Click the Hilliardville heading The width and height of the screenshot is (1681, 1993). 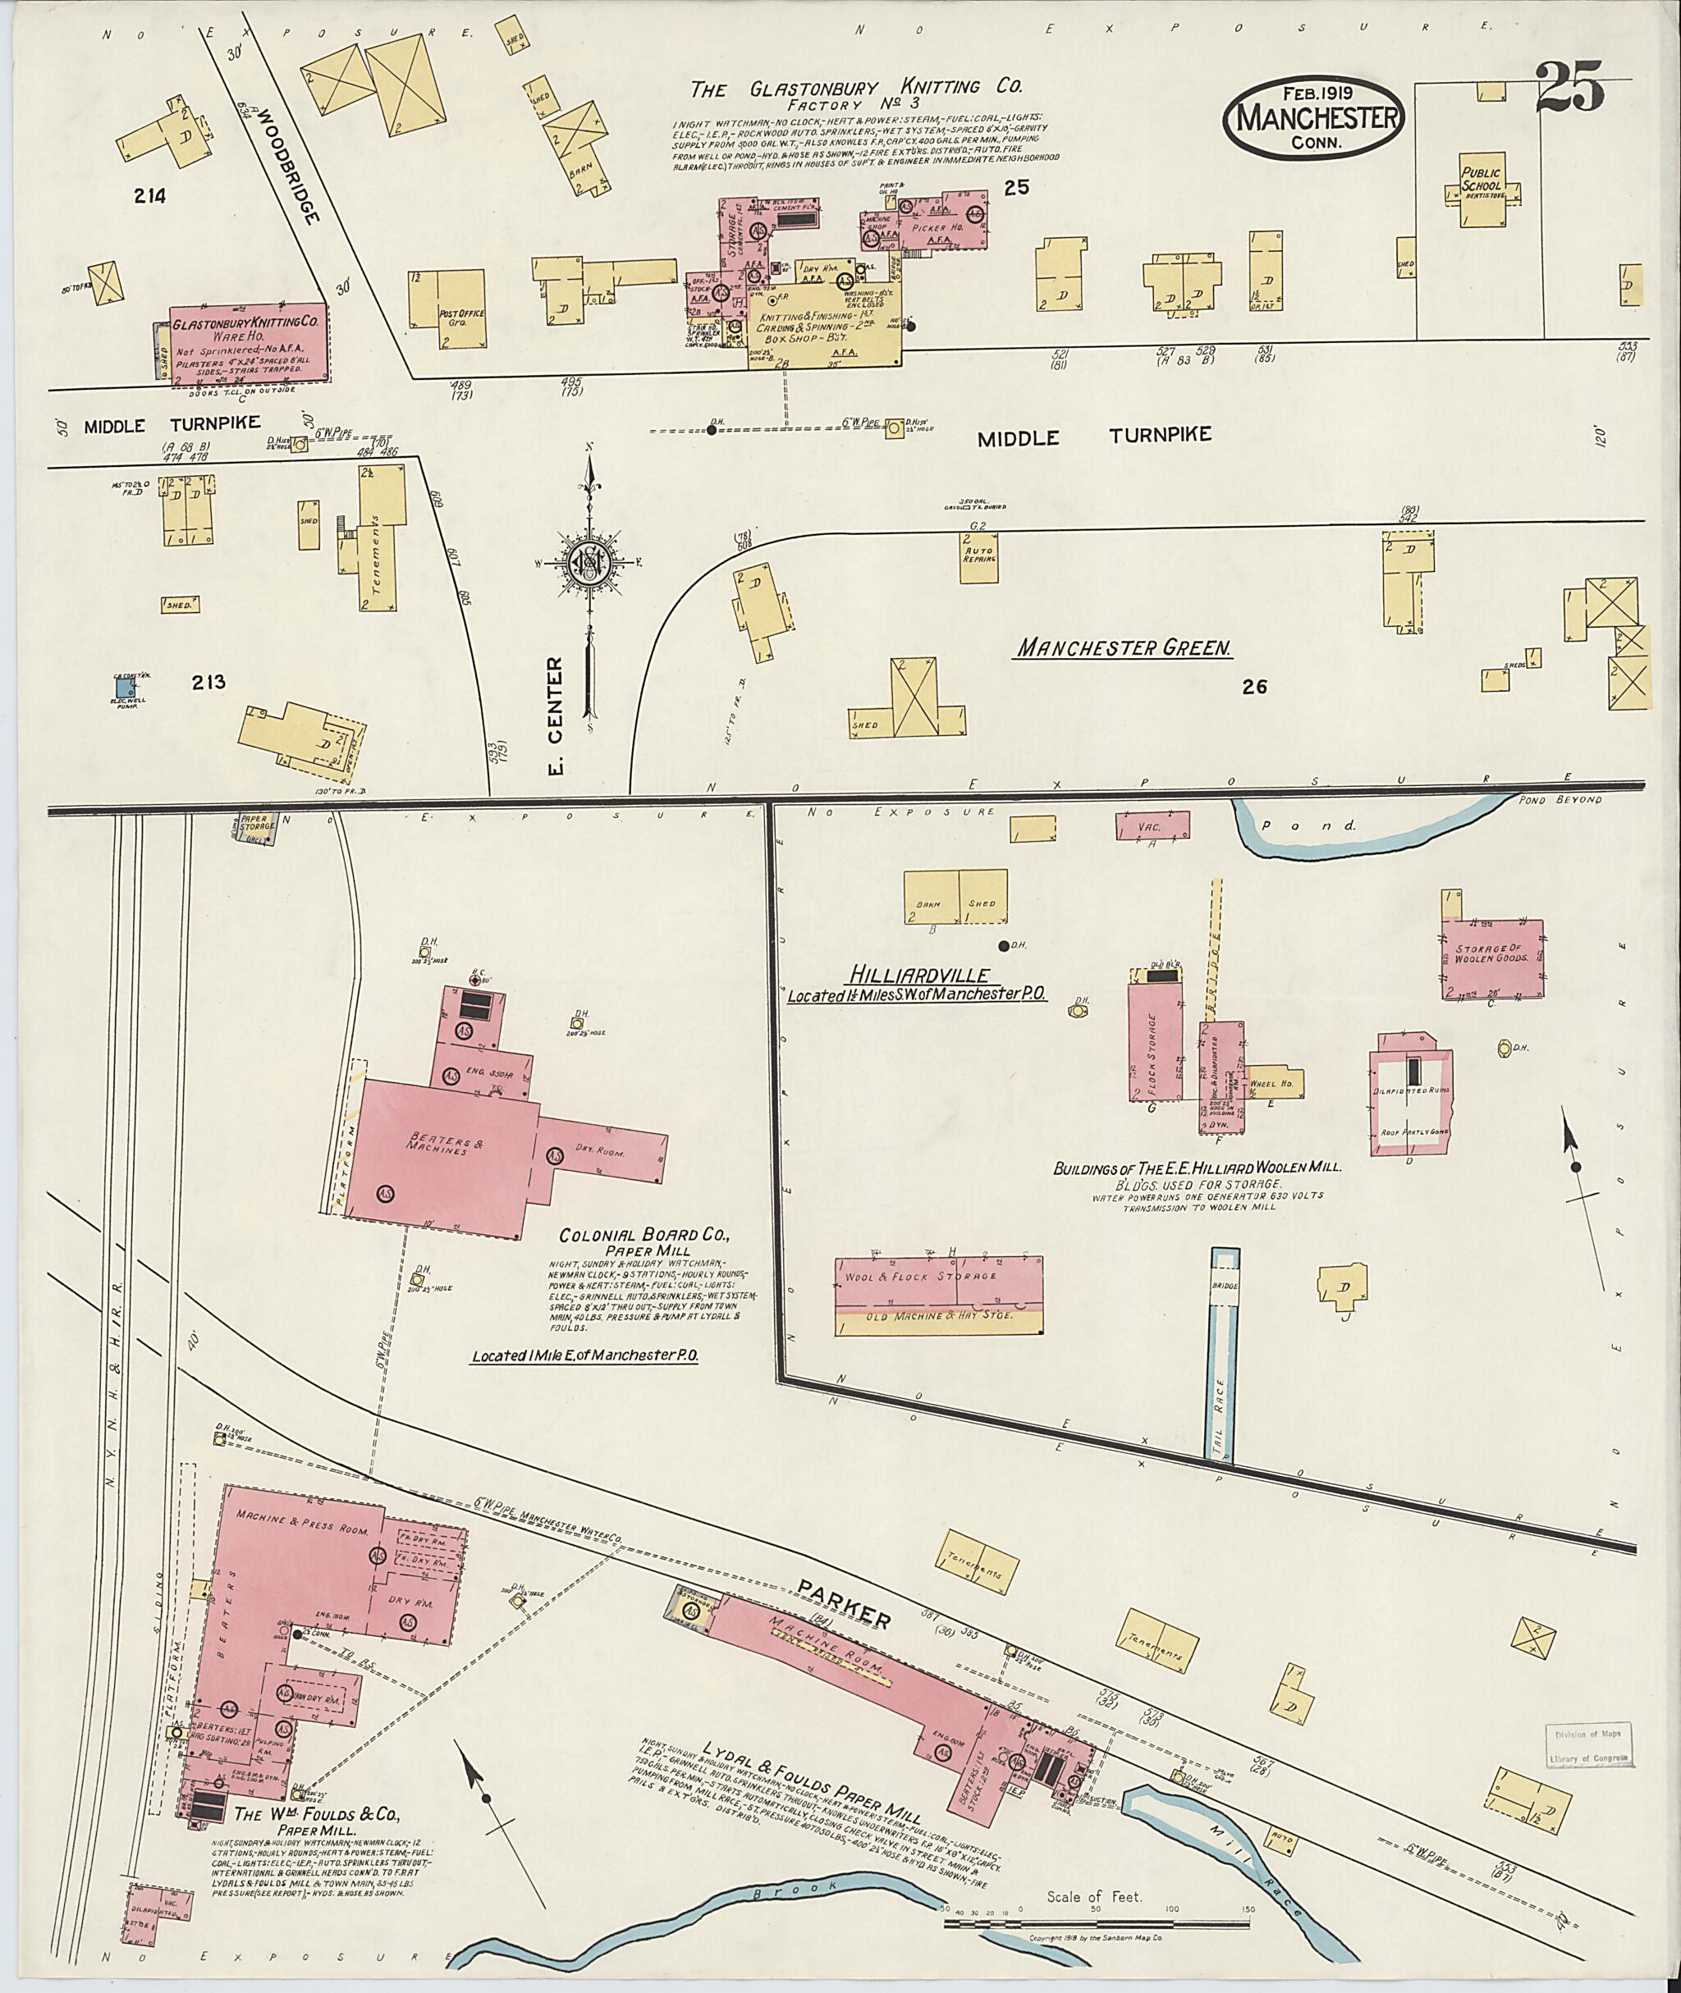(x=918, y=975)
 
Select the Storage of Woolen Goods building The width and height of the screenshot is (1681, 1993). (x=1491, y=958)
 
